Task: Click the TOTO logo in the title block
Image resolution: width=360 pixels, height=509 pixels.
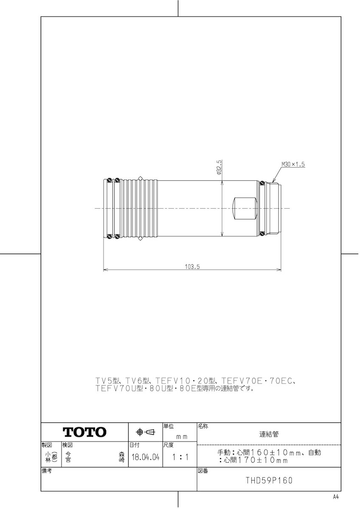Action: pyautogui.click(x=84, y=432)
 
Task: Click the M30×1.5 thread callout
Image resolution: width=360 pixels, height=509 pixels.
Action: pyautogui.click(x=293, y=164)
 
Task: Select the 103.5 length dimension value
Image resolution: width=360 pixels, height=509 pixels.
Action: pyautogui.click(x=192, y=267)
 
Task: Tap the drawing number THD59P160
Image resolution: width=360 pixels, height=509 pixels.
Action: pyautogui.click(x=269, y=481)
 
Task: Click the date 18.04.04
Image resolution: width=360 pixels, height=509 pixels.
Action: pyautogui.click(x=145, y=458)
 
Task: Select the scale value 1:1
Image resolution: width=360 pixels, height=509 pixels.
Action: pyautogui.click(x=180, y=458)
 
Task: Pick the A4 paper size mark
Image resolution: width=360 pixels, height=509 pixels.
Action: pyautogui.click(x=335, y=497)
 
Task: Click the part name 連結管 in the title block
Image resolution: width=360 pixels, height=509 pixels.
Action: pyautogui.click(x=269, y=434)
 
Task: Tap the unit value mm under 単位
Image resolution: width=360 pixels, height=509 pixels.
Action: pyautogui.click(x=182, y=436)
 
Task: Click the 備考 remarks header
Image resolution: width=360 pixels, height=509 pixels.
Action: pyautogui.click(x=47, y=471)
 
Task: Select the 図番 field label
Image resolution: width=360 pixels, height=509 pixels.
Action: pyautogui.click(x=202, y=471)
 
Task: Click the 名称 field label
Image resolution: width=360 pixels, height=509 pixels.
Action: pyautogui.click(x=202, y=426)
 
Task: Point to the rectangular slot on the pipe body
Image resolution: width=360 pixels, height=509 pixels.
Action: pyautogui.click(x=246, y=208)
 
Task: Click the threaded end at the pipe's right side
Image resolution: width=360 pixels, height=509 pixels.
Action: pyautogui.click(x=273, y=208)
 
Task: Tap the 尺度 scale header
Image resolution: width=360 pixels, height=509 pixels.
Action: pyautogui.click(x=169, y=445)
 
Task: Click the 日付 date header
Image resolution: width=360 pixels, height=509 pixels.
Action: pyautogui.click(x=134, y=445)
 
